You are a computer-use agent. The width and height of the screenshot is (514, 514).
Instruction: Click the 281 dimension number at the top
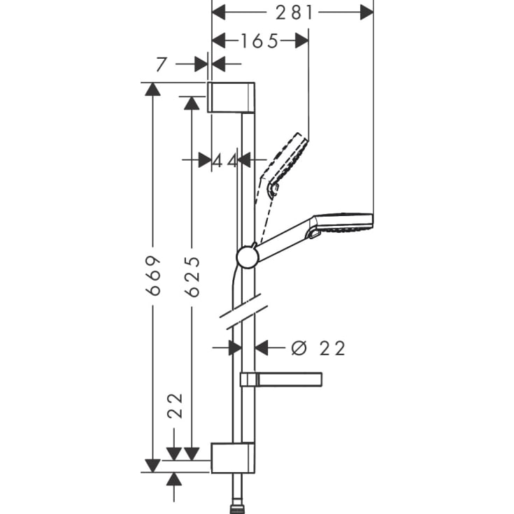point(293,12)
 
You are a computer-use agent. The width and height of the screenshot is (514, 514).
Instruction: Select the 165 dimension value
point(260,41)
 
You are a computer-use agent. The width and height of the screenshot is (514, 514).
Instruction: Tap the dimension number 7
point(161,65)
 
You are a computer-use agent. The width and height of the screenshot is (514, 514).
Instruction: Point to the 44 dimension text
point(224,160)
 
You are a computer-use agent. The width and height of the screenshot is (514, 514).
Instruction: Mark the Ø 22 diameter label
point(318,348)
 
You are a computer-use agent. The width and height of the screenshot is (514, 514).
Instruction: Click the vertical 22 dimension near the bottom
point(174,406)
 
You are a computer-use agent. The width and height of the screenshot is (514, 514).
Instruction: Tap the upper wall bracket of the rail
point(231,97)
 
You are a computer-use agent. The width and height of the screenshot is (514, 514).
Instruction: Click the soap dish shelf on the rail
point(282,379)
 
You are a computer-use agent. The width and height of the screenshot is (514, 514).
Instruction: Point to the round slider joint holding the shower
point(247,257)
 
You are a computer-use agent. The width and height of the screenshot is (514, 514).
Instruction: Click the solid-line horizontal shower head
point(343,222)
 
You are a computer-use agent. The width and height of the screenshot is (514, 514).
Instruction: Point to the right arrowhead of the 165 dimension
point(301,41)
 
